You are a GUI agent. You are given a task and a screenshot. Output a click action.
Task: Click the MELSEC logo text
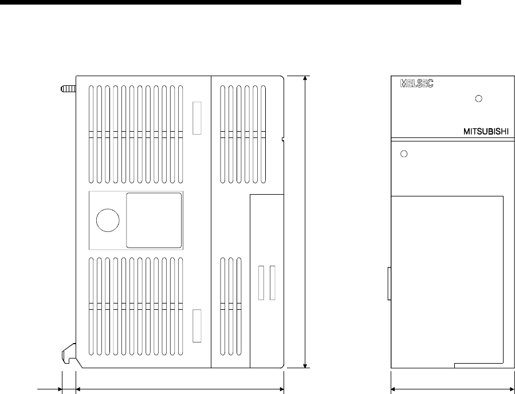[x=416, y=84]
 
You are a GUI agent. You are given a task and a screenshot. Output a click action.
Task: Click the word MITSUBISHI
[x=486, y=131]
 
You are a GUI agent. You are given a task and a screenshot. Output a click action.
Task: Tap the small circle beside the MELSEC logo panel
[x=478, y=98]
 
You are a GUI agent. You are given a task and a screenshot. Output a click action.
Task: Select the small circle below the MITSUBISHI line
[x=404, y=153]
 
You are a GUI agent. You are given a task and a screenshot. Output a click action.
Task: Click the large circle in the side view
[x=108, y=220]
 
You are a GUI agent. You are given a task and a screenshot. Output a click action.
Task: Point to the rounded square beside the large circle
[x=154, y=220]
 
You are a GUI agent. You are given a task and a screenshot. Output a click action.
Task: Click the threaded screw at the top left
[x=68, y=89]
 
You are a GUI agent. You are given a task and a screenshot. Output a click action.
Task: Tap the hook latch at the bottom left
[x=69, y=353]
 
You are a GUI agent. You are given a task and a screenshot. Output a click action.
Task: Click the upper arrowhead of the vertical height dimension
[x=305, y=78]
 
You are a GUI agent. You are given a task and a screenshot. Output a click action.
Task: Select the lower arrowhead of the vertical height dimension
[x=305, y=366]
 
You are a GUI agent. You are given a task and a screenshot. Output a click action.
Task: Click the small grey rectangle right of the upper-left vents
[x=196, y=118]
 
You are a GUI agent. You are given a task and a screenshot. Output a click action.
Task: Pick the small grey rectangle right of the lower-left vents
[x=196, y=326]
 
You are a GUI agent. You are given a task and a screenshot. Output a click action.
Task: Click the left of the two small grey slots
[x=261, y=283]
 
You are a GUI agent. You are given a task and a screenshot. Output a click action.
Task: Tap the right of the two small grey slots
[x=272, y=283]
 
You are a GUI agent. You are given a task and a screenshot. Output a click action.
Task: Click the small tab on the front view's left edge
[x=389, y=283]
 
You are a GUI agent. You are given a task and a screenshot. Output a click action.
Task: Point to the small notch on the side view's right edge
[x=283, y=140]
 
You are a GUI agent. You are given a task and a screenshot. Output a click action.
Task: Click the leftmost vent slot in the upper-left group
[x=91, y=134]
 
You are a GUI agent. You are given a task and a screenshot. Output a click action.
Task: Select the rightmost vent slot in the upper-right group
[x=263, y=134]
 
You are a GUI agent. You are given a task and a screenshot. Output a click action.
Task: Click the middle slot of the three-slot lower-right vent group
[x=231, y=306]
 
